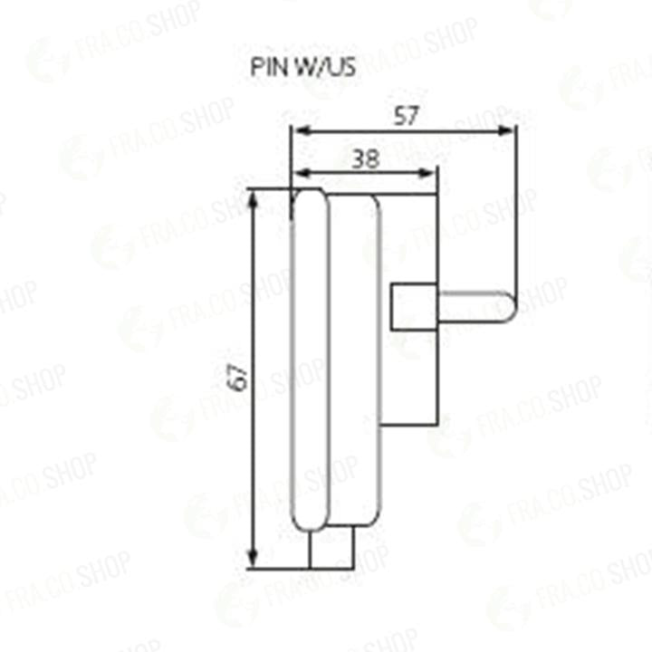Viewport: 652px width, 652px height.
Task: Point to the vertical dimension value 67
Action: (x=239, y=377)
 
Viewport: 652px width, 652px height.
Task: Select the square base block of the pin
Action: (x=412, y=307)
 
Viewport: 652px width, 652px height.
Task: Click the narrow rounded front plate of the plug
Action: (x=309, y=362)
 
